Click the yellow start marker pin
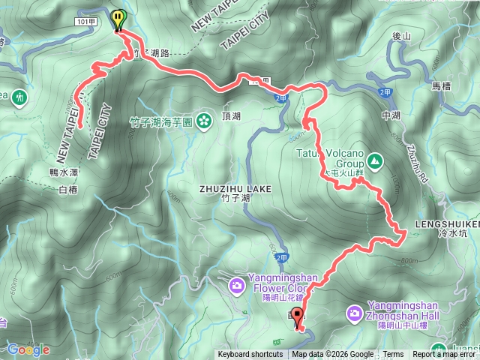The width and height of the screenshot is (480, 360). [x=118, y=18]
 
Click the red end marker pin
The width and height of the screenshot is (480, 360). [x=297, y=316]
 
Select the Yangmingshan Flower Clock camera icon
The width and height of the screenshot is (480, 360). [x=236, y=285]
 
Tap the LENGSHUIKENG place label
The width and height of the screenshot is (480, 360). [x=448, y=224]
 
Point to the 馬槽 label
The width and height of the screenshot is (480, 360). [x=441, y=86]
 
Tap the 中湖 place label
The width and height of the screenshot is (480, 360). [x=391, y=115]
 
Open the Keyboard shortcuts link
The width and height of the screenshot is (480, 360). [x=250, y=355]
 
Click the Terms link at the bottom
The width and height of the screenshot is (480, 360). [x=393, y=355]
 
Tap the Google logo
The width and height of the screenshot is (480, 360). [x=28, y=349]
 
